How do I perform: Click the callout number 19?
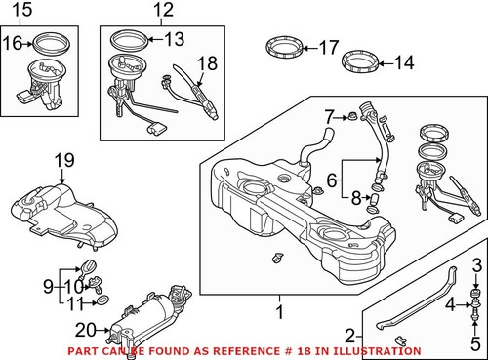(63, 160)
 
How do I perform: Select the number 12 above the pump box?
(162, 11)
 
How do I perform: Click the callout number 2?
(350, 335)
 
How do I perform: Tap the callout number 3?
(478, 266)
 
